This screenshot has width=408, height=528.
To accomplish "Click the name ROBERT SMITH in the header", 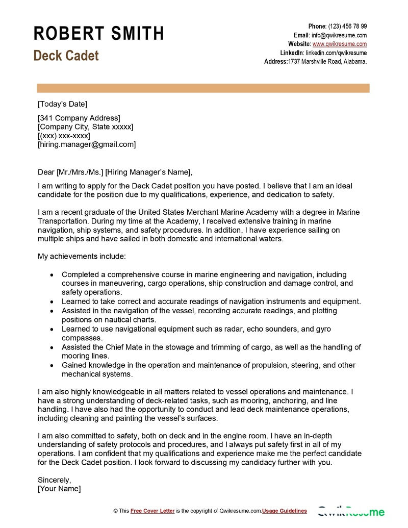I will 99,34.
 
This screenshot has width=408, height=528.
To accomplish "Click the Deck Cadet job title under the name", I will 66,56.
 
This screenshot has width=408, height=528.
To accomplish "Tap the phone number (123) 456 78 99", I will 347,27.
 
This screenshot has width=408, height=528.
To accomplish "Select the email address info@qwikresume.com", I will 339,35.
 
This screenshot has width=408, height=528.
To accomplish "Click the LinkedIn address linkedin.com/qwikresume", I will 336,53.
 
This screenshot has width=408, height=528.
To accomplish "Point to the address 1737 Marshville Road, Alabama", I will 327,61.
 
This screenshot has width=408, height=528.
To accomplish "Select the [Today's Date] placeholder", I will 62,104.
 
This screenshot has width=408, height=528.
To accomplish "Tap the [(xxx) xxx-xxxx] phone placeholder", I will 64,136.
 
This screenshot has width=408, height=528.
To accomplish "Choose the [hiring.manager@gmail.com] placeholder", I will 87,144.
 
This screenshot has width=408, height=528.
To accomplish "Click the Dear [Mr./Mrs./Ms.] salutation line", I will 115,171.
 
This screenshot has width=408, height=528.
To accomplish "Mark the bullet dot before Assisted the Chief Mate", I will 52,347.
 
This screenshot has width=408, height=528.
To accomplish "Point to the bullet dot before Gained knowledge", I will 52,365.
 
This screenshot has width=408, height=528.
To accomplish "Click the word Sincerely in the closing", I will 54,480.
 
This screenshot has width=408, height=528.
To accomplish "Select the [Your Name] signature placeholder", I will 59,489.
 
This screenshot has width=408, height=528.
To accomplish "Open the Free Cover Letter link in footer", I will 152,511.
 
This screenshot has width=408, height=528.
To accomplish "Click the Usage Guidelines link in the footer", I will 285,511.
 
